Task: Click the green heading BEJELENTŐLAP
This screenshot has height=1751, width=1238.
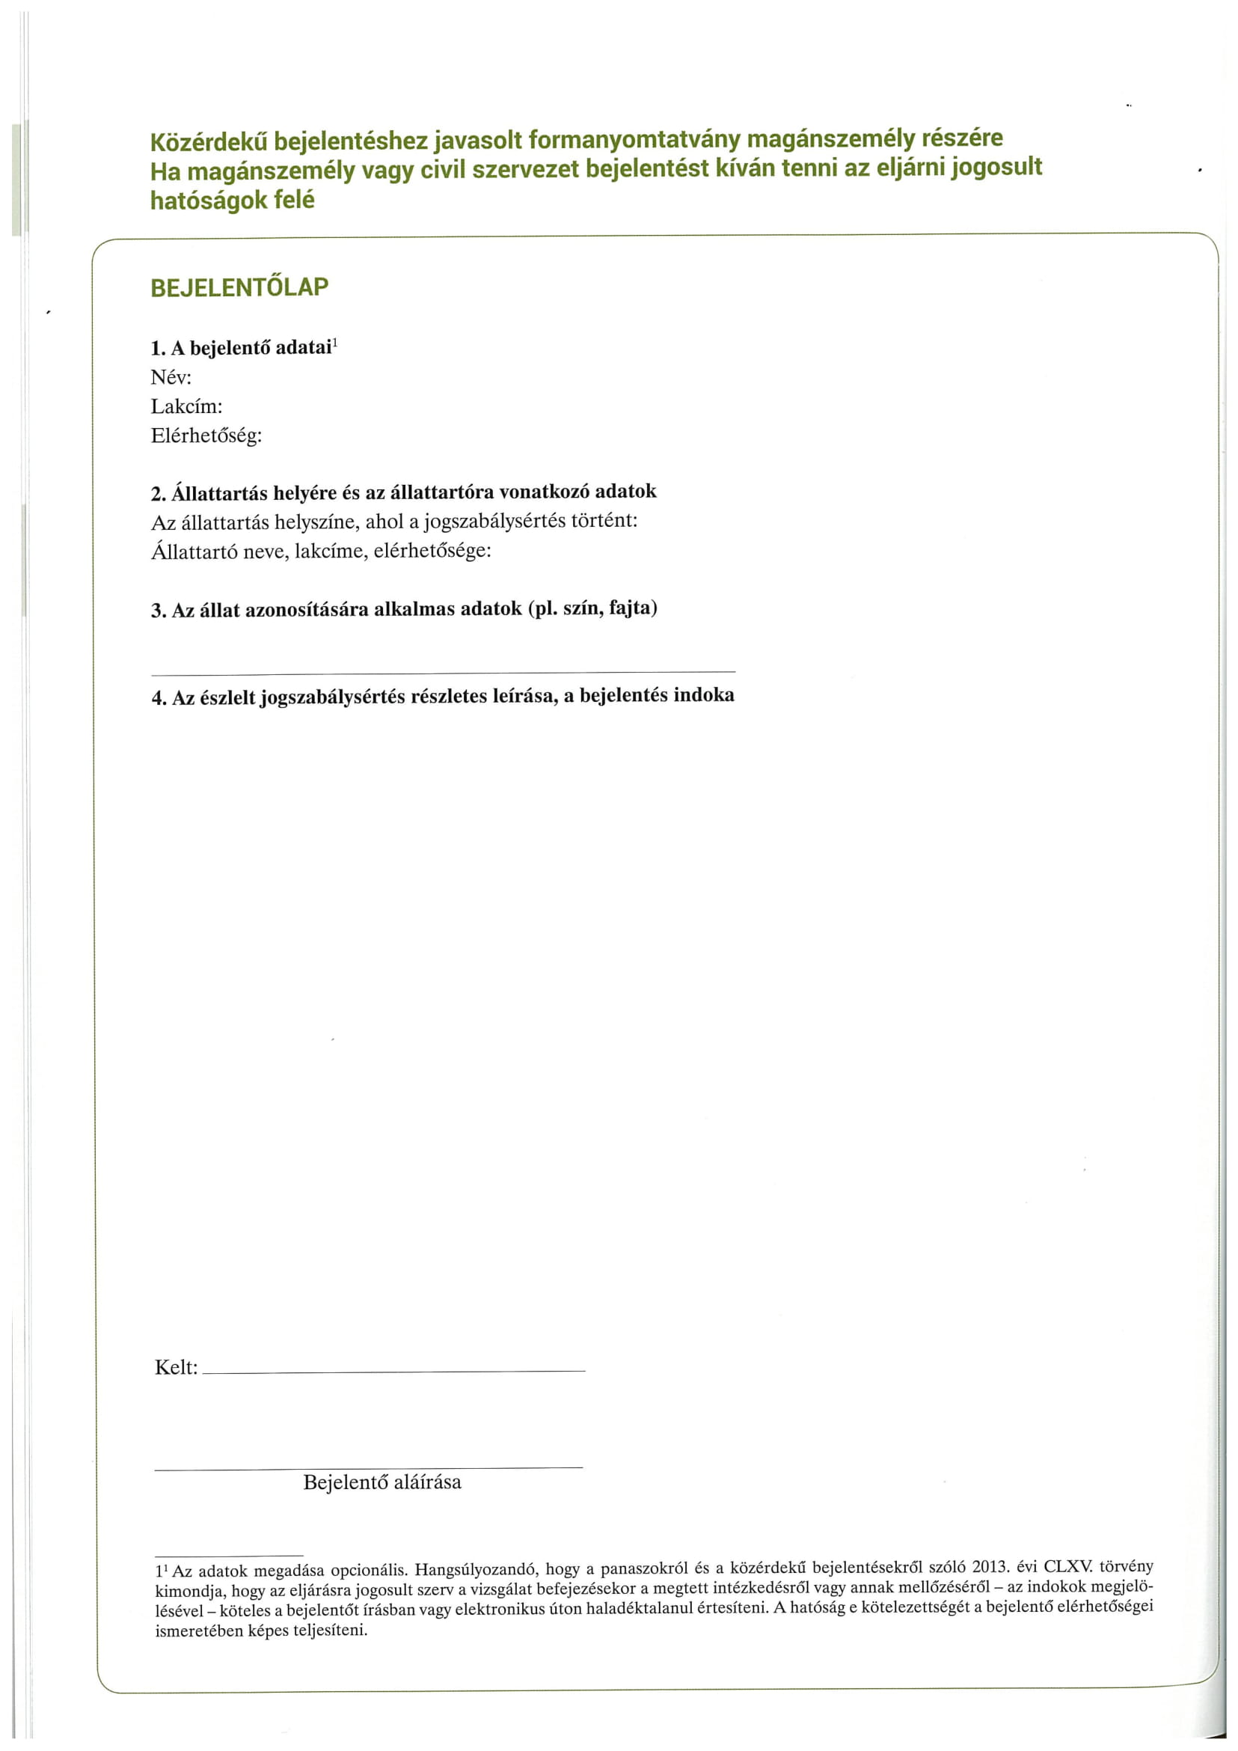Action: (239, 287)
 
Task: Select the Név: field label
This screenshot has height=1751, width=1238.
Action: (171, 377)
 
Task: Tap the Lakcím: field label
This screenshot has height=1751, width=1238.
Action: (187, 406)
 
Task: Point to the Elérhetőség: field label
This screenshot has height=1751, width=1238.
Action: (206, 436)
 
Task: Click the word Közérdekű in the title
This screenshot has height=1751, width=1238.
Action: (208, 142)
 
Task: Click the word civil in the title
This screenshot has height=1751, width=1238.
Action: (444, 169)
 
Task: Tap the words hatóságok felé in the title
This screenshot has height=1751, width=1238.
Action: (233, 200)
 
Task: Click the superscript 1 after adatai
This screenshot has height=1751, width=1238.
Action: (335, 343)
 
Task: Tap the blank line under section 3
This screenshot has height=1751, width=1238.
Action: (443, 672)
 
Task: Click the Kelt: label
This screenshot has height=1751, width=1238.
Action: (176, 1367)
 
